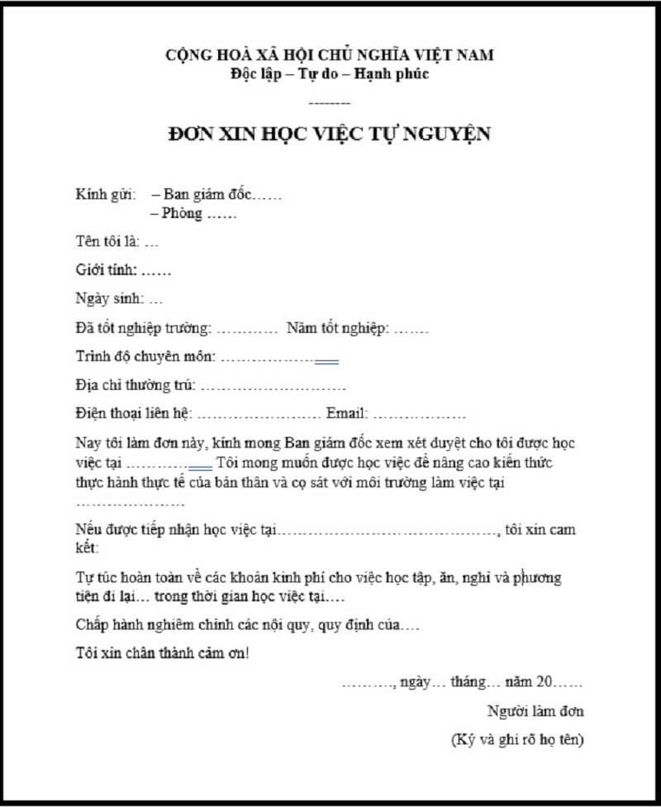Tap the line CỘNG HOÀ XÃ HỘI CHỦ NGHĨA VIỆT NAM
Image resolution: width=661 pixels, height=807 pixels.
tap(330, 56)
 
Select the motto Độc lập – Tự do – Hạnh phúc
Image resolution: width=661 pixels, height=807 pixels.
tap(330, 74)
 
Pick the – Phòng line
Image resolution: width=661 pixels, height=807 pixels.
tap(183, 214)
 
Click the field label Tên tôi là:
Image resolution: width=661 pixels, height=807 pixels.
tap(107, 243)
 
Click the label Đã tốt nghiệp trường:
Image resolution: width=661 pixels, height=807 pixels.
tap(143, 328)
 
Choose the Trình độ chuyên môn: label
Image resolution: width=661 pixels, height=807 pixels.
tap(145, 357)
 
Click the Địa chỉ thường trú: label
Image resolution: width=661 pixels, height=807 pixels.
tap(135, 385)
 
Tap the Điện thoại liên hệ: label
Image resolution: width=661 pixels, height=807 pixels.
tap(133, 413)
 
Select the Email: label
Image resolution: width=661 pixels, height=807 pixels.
tap(347, 413)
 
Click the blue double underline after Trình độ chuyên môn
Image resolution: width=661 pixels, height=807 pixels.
tap(327, 362)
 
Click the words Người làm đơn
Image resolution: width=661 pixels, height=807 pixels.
tap(536, 711)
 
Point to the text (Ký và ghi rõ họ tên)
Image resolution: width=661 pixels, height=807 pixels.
tap(518, 739)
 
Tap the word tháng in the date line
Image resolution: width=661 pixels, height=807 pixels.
tap(470, 682)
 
